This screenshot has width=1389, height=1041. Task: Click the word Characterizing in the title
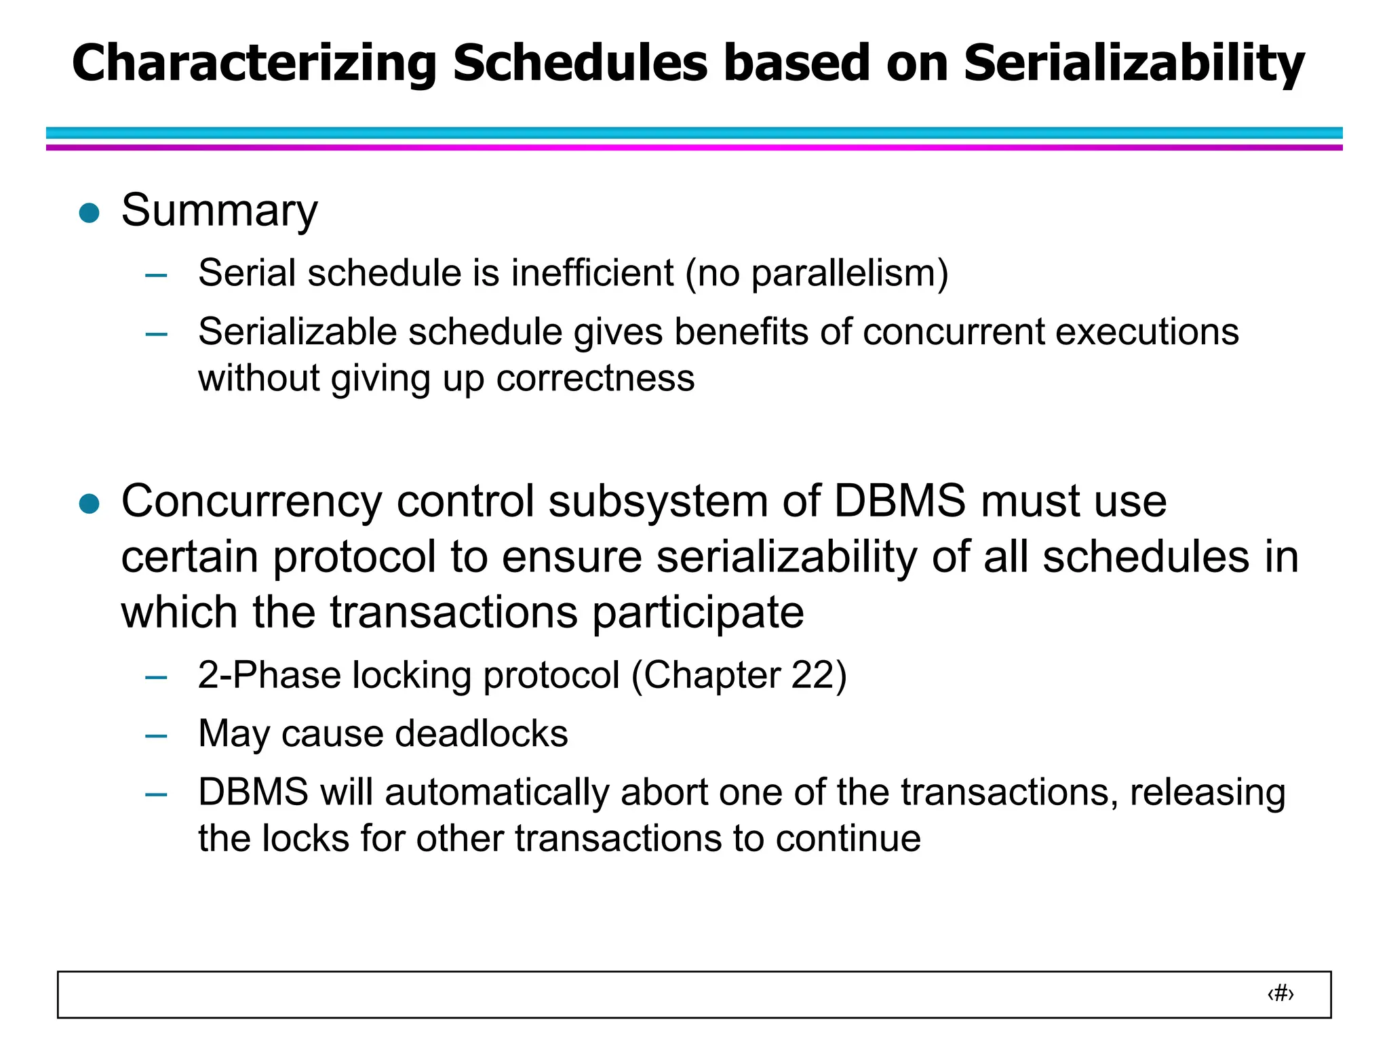click(254, 63)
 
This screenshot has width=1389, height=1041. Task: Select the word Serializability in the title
click(1134, 63)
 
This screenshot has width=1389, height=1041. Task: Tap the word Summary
click(219, 210)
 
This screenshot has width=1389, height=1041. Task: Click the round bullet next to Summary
click(90, 213)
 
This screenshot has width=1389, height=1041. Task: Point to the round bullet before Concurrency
click(90, 504)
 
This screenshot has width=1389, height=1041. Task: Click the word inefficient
click(592, 273)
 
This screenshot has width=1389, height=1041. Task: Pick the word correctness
click(595, 378)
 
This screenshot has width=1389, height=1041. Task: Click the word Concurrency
click(252, 503)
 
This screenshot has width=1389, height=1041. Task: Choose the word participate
click(698, 613)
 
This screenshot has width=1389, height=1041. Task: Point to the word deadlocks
click(482, 733)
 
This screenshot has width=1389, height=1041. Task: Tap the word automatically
click(496, 792)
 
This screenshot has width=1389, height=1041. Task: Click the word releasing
click(1207, 792)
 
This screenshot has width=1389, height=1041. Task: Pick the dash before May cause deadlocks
click(157, 735)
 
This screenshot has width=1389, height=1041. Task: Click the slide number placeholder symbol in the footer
click(1280, 994)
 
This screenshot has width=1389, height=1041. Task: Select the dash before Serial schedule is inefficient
click(157, 275)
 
